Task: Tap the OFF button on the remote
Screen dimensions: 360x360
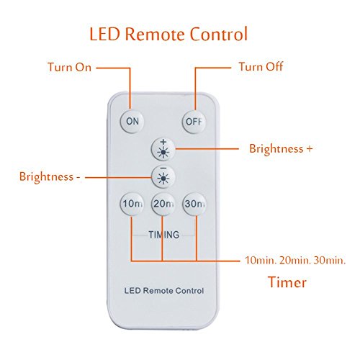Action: pos(194,122)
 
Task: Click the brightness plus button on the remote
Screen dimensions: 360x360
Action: pos(163,149)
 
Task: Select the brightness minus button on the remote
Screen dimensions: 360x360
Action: pos(163,176)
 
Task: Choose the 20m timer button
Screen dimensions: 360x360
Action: pos(163,204)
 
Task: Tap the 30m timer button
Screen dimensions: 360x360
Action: pos(194,204)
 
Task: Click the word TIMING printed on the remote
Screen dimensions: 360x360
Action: pos(164,235)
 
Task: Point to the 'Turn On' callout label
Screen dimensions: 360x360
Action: pos(70,67)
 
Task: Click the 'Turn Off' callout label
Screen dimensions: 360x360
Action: pos(261,66)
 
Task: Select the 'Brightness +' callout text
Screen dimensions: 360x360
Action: pos(281,148)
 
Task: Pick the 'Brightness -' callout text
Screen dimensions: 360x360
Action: pos(50,176)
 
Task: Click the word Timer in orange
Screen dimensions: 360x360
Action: pos(287,282)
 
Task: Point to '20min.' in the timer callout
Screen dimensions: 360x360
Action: pos(294,260)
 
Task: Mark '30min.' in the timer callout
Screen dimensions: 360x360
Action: pos(330,260)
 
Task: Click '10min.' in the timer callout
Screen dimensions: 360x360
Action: pos(260,260)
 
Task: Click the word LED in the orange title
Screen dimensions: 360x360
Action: pos(104,34)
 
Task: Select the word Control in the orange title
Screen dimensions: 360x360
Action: pos(218,34)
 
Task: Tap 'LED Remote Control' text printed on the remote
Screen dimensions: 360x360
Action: pos(164,291)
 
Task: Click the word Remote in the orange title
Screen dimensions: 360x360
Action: pos(155,34)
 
